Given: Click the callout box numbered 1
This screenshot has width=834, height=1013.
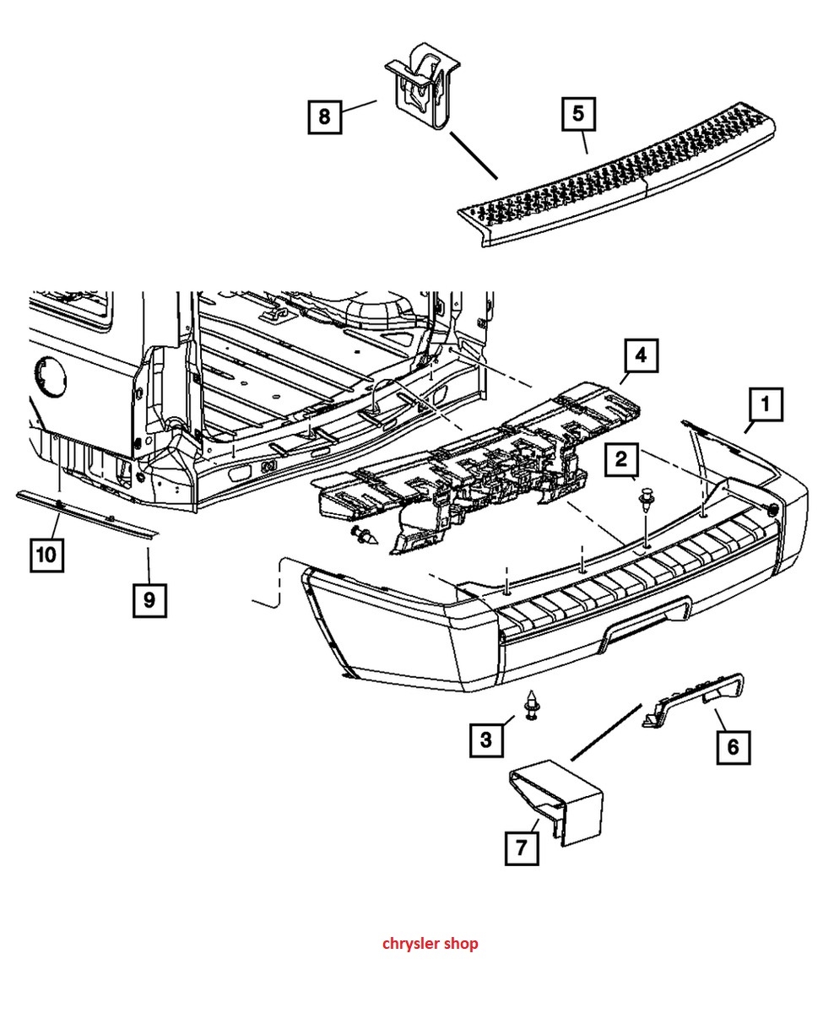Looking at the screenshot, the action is tap(766, 404).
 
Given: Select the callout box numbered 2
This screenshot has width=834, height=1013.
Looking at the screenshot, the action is tap(621, 460).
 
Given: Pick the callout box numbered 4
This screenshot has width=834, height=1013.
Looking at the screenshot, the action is tap(642, 356).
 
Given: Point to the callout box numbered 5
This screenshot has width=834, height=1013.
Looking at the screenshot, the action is tap(578, 114).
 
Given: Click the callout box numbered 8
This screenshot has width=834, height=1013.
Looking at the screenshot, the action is tap(325, 116).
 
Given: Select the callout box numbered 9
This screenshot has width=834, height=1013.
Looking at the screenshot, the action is tap(150, 600).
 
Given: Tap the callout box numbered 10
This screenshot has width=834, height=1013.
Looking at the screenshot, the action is tap(47, 555).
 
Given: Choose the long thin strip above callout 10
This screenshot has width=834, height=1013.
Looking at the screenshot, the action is tap(86, 513).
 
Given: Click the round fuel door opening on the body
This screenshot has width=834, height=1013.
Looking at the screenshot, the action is tap(51, 377).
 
